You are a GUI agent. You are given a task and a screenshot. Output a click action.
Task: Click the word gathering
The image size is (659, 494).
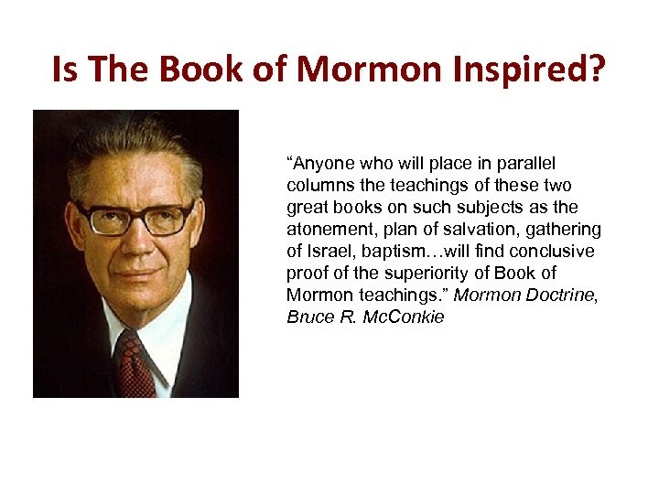(x=567, y=230)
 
